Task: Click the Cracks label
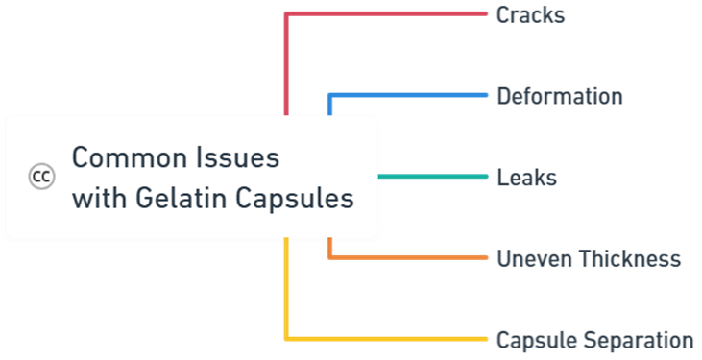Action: [x=530, y=15]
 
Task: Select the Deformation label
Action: [x=559, y=96]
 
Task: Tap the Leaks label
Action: [x=526, y=178]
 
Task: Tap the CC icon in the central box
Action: [x=41, y=177]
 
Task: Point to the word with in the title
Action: [x=92, y=200]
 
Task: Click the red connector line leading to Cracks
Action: [x=384, y=13]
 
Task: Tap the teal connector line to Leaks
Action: [x=432, y=177]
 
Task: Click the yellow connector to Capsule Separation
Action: [x=384, y=338]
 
